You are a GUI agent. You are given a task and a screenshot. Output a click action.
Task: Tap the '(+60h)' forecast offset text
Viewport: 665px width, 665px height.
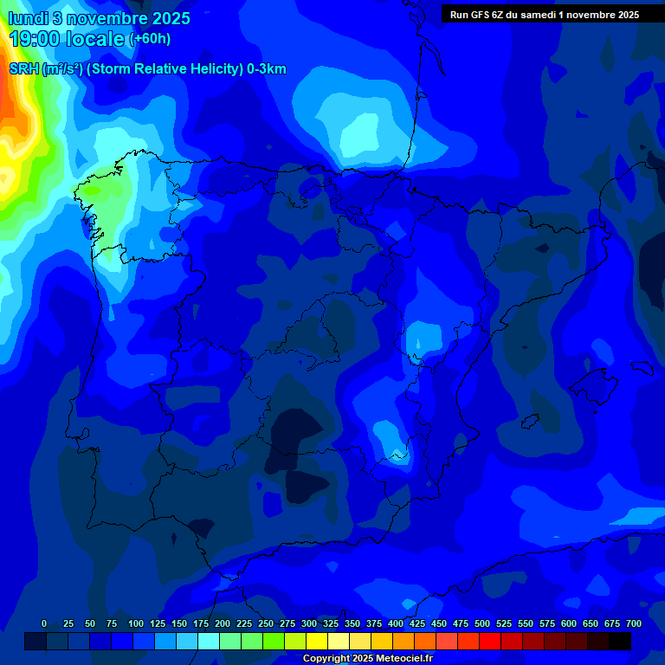(x=149, y=39)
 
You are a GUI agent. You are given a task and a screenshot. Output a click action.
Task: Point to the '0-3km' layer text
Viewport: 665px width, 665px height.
(x=266, y=69)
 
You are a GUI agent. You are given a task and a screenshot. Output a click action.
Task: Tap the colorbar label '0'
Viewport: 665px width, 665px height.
(x=44, y=623)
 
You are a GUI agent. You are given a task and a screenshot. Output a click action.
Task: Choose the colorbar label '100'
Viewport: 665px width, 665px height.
(x=136, y=623)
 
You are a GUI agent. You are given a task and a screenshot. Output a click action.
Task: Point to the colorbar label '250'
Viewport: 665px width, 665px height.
(x=266, y=623)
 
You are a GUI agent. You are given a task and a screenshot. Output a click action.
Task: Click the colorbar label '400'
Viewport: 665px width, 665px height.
(x=396, y=623)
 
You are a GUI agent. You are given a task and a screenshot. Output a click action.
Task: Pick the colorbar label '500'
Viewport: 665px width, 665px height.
(x=482, y=623)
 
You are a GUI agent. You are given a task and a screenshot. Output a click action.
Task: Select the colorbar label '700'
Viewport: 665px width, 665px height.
(x=634, y=623)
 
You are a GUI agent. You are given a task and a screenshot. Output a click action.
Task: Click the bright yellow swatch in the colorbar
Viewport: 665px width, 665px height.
(x=317, y=641)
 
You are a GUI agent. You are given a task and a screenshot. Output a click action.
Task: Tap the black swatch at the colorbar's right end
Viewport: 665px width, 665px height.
(x=620, y=641)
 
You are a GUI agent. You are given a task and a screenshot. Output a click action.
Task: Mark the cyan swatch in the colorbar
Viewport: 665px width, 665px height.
(x=209, y=641)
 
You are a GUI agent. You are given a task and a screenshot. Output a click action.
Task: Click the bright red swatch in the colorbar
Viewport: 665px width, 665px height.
(x=490, y=641)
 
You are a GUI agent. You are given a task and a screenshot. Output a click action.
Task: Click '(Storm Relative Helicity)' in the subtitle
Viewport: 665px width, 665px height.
(x=164, y=69)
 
